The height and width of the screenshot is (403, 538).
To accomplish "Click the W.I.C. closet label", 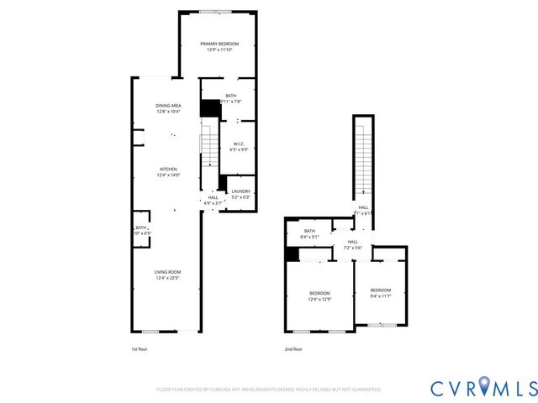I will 239,144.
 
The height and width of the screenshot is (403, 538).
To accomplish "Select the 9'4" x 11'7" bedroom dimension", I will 381,296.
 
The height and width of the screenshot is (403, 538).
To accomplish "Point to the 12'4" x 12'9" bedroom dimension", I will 319,299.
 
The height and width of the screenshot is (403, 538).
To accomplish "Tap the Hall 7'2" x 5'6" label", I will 352,244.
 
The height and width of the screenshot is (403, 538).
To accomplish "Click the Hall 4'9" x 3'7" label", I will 213,200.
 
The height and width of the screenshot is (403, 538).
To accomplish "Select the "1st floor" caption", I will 140,348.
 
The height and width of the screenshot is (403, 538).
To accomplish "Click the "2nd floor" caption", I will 294,348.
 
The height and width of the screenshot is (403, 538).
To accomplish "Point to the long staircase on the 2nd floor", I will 362,160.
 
